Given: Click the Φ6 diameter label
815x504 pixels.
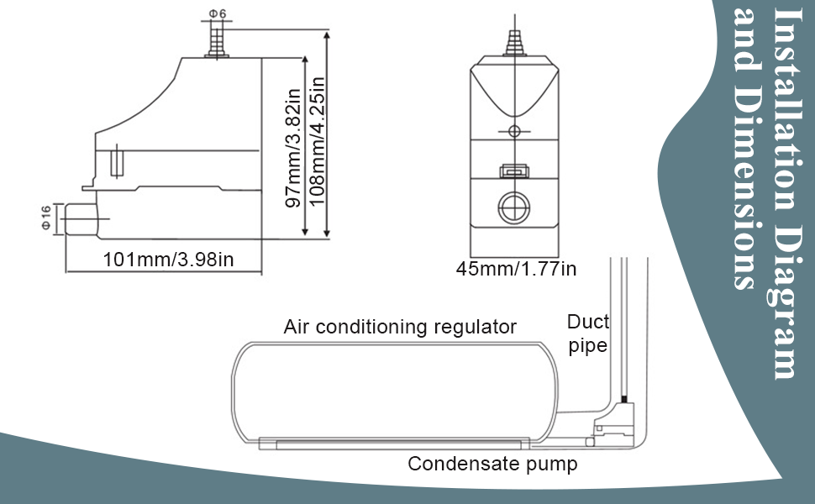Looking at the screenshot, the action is pos(218,13).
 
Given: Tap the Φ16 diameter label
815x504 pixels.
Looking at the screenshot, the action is pos(46,218).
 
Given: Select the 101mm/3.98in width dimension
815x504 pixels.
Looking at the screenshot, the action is pos(168,260).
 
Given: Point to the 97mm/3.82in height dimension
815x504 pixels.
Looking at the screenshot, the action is pos(294,148).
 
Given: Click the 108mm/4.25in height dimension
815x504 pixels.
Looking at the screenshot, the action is pos(317,141).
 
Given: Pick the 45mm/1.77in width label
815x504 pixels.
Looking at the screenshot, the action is pos(516,269).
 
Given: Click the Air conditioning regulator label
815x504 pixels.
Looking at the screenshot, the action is pos(400,327).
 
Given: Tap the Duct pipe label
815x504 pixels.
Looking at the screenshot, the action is pos(588,333).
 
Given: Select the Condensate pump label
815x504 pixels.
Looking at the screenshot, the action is pos(492,464).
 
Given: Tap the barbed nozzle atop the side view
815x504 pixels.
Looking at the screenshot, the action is pos(217,39).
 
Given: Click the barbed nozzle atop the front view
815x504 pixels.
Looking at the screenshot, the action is pos(514,42).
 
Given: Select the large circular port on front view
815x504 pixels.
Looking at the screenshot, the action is pos(514,207).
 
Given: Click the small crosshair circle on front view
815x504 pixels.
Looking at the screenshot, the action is pos(514,131).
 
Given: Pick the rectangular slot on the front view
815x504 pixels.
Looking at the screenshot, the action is pos(514,171).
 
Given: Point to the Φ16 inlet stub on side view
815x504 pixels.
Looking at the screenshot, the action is pos(81,219).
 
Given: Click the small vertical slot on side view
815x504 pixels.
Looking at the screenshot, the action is pos(118,161).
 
